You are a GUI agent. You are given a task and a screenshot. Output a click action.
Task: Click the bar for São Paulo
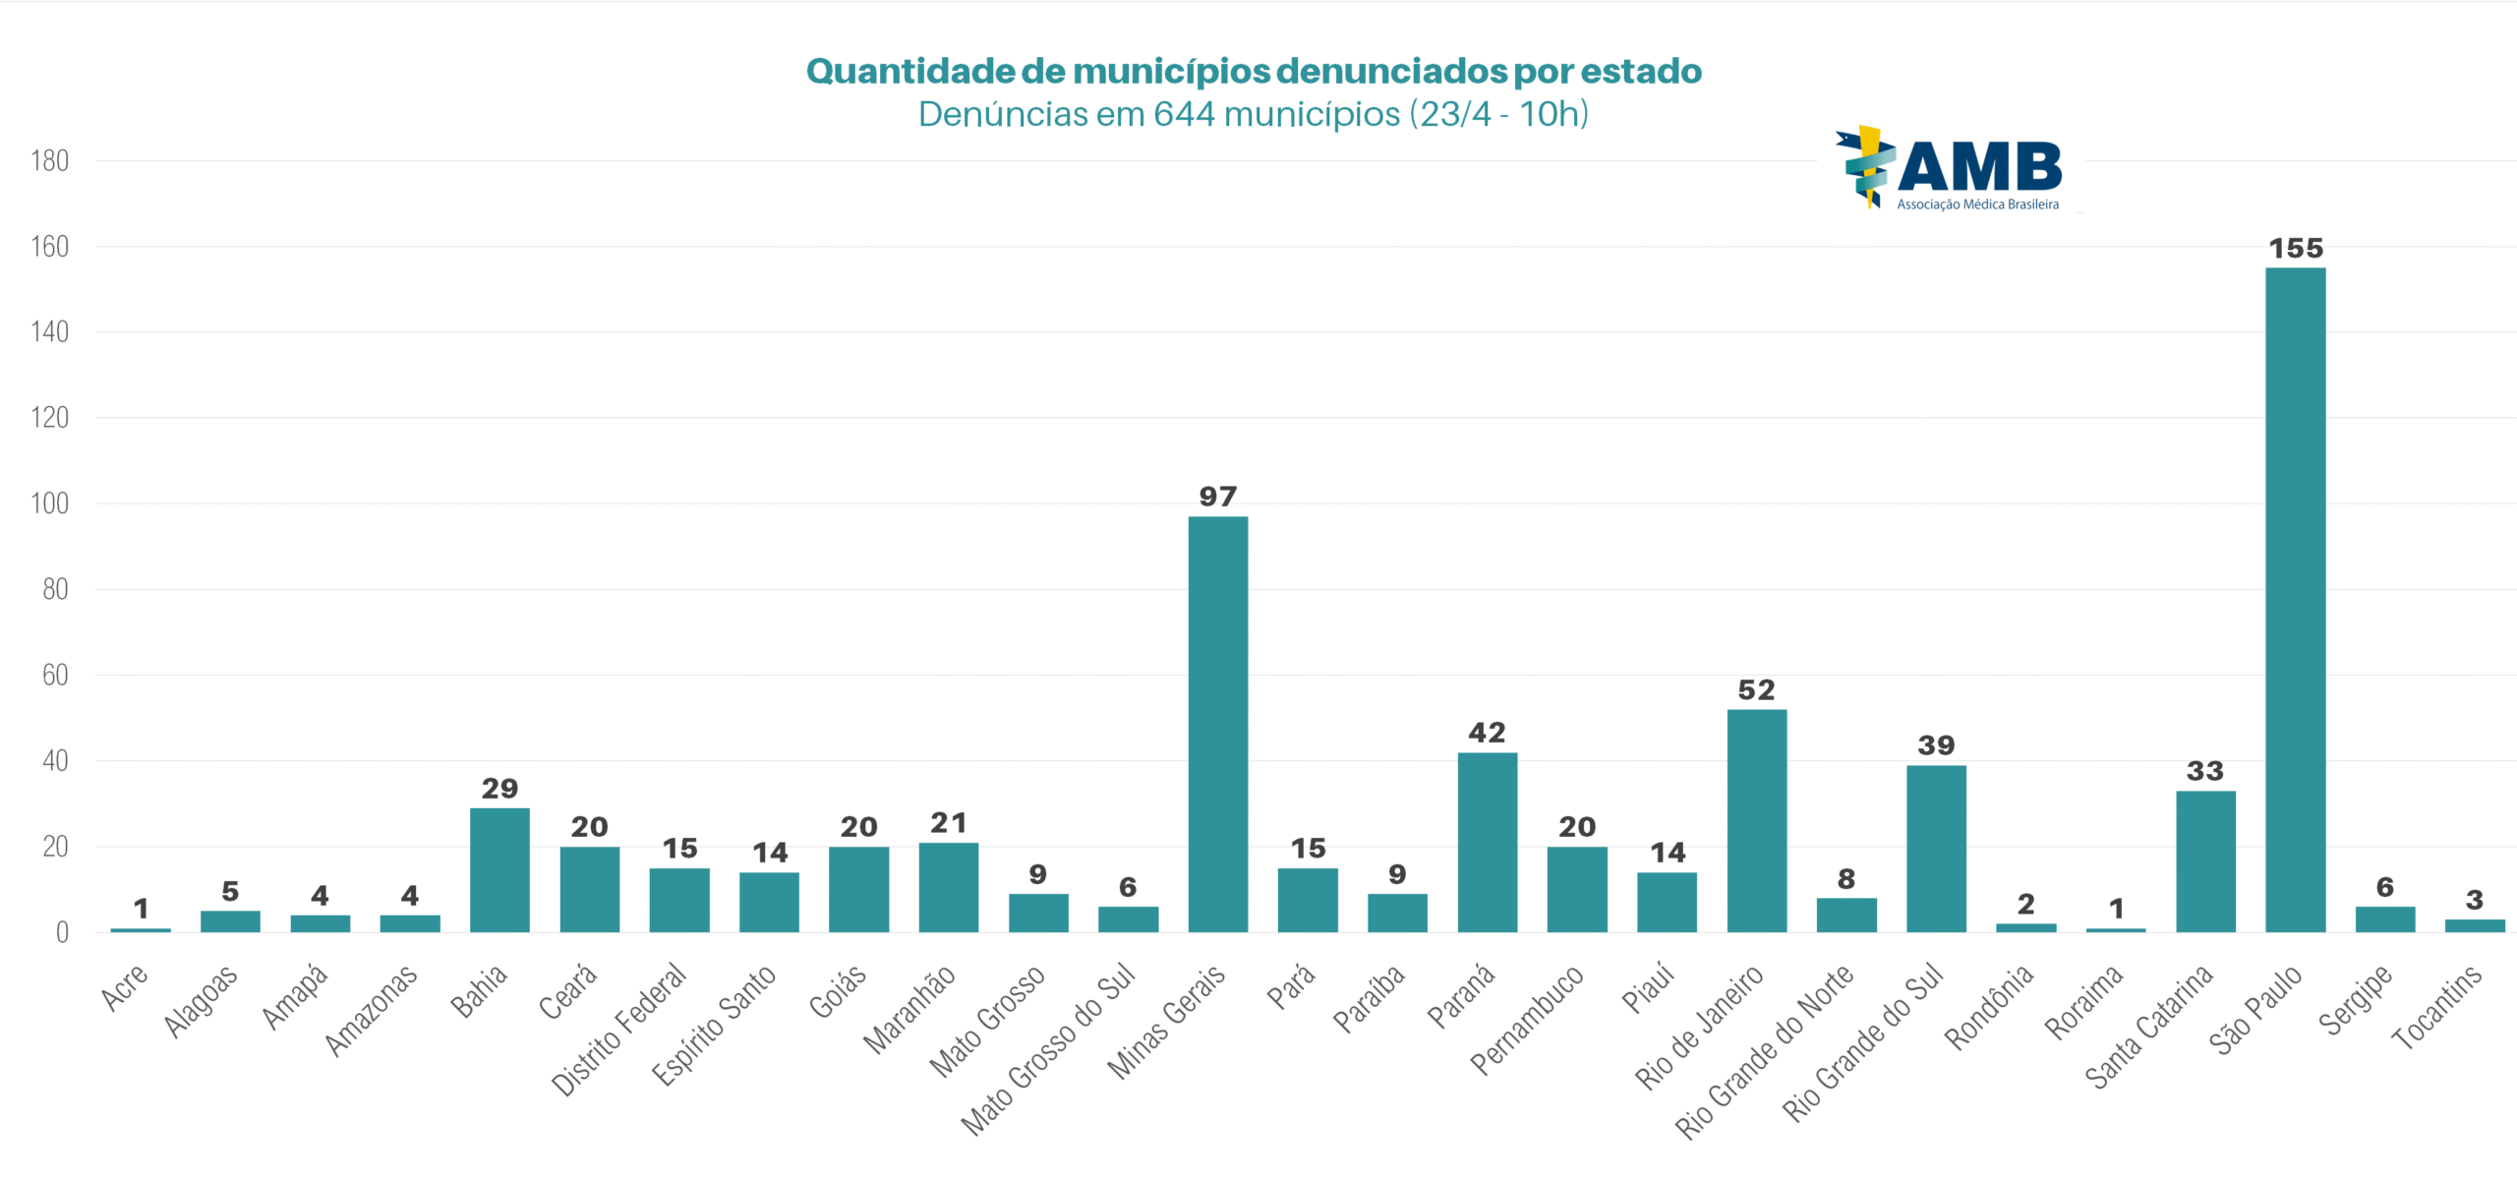click(2295, 600)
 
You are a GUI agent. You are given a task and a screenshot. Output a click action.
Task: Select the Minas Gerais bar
click(1217, 724)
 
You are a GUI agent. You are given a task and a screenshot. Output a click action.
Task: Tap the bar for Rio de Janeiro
click(1756, 820)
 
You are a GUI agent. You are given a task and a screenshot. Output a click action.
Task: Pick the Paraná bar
click(1487, 842)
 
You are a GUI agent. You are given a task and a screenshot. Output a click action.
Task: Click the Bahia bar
click(499, 869)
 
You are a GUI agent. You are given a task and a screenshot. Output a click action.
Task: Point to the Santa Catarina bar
click(2205, 861)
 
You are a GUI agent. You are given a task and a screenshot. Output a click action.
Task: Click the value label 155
click(2295, 249)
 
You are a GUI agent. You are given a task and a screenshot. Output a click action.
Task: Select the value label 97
click(1217, 497)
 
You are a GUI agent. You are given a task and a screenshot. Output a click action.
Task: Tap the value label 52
click(1756, 690)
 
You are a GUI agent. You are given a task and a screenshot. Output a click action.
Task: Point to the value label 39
click(1936, 745)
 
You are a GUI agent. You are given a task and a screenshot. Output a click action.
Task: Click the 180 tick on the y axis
click(49, 161)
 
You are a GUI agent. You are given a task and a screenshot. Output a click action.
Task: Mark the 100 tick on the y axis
click(49, 503)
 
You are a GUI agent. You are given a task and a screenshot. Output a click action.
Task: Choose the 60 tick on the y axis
click(55, 676)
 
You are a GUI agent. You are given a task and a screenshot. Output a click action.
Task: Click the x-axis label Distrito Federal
click(619, 1029)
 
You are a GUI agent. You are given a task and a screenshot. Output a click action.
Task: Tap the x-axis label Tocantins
click(2436, 1008)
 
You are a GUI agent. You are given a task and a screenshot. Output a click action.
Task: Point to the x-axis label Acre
click(125, 987)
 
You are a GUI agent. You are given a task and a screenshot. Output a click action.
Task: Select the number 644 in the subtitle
click(1184, 115)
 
